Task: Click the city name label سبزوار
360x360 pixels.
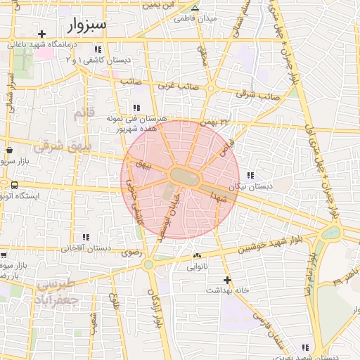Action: coord(87,25)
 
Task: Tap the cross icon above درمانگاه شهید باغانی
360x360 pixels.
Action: coord(43,34)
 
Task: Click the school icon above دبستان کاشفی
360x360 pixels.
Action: coord(97,49)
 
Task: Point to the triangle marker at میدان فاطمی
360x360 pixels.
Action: coord(195,8)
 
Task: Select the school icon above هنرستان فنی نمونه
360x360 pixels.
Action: coord(136,108)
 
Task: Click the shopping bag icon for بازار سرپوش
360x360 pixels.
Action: coord(10,150)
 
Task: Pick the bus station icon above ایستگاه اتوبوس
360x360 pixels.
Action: coord(14,185)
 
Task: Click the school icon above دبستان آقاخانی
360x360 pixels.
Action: coord(86,238)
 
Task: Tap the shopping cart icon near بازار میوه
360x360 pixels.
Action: coord(4,255)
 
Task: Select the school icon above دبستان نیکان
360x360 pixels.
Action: coord(251,175)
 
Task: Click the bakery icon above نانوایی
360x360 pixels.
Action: coord(196,256)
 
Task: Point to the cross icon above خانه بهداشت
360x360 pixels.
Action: coord(226,280)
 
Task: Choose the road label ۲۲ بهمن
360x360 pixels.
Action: coord(214,122)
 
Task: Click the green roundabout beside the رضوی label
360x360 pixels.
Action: coord(148,265)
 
